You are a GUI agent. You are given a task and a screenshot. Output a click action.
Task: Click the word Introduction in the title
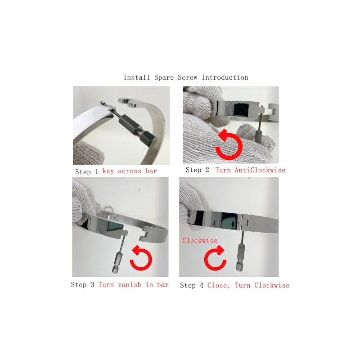click(225, 77)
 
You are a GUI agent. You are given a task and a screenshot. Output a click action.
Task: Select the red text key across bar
click(130, 171)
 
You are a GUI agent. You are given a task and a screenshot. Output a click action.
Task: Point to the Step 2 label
click(198, 170)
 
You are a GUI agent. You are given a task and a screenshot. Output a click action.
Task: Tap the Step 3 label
click(83, 284)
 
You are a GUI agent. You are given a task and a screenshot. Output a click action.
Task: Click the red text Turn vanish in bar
click(133, 284)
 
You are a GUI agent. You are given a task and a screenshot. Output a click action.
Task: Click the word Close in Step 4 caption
click(218, 285)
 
